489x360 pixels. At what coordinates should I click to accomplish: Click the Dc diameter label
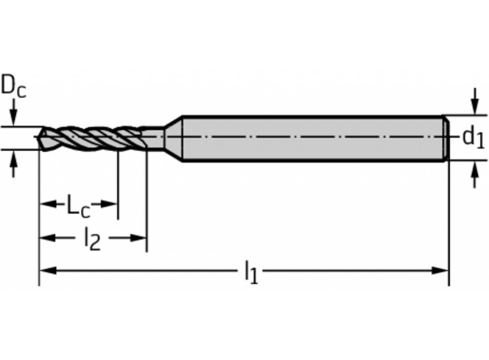(14, 87)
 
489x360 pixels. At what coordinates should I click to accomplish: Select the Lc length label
(78, 206)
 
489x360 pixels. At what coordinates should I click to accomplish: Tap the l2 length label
(92, 240)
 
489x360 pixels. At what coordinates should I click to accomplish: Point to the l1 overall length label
(250, 272)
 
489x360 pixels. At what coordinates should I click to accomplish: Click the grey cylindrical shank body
(313, 138)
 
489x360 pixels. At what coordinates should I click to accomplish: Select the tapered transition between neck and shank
(173, 138)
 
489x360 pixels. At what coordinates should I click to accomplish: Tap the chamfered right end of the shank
(445, 138)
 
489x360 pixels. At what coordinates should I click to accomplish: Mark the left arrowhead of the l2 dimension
(46, 238)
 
